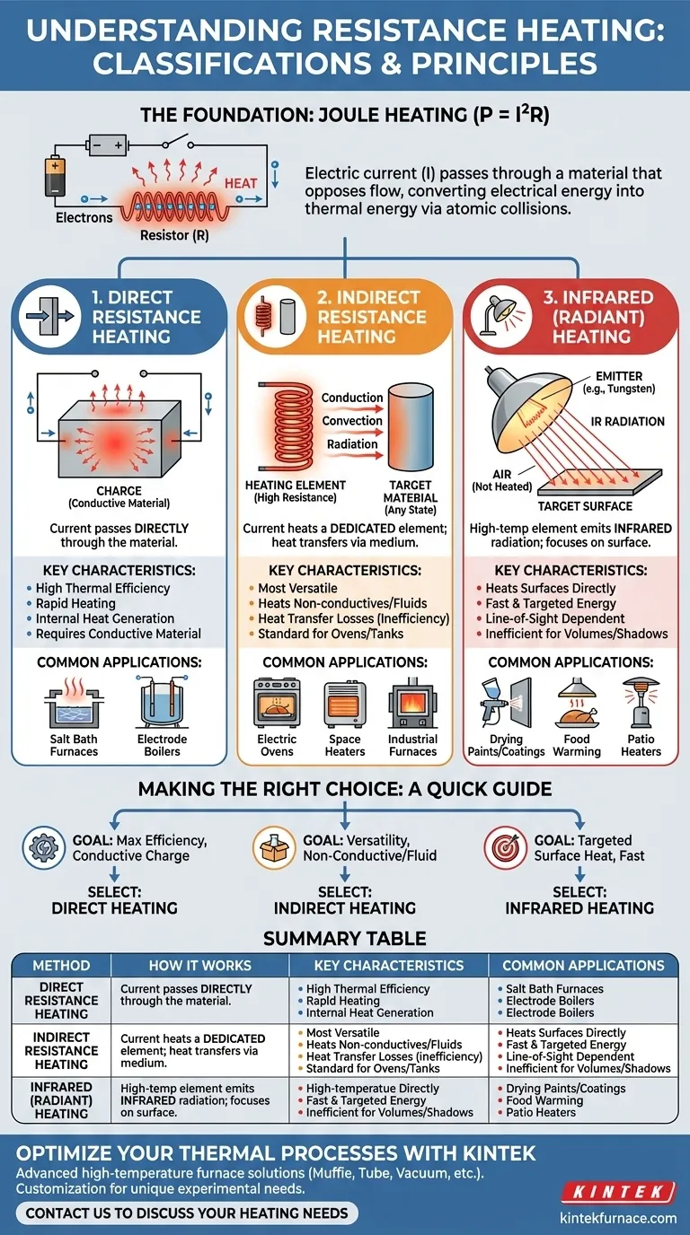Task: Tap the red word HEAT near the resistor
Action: point(241,183)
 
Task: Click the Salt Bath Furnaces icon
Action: point(74,703)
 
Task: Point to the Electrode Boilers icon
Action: point(162,703)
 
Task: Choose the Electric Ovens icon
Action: point(277,703)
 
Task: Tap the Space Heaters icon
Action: point(345,703)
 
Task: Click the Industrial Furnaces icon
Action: point(412,703)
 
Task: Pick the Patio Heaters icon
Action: point(641,703)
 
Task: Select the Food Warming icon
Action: point(577,703)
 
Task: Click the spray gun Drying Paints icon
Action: point(506,703)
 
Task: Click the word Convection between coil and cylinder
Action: point(352,421)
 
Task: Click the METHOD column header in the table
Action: point(61,966)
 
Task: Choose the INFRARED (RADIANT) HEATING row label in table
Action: point(61,1100)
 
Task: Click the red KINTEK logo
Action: point(619,1191)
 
